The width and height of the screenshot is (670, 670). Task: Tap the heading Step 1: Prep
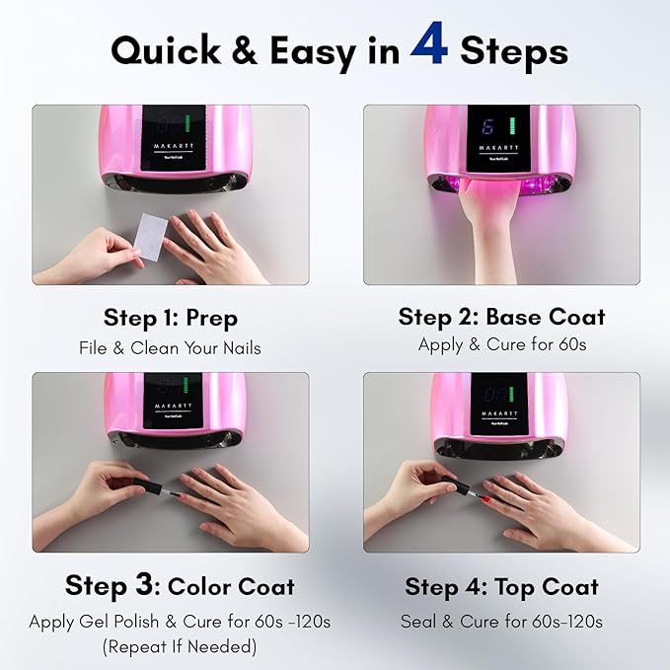point(171,319)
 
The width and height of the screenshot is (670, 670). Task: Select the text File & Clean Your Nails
point(171,347)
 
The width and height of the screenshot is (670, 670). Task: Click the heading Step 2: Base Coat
point(501,317)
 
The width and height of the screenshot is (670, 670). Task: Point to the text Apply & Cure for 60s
point(501,344)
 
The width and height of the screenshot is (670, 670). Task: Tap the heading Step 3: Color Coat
point(180,585)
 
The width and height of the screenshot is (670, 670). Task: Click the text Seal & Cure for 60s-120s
point(501,622)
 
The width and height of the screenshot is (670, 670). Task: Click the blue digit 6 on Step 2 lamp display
point(485,127)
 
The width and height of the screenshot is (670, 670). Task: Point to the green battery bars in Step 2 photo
point(511,128)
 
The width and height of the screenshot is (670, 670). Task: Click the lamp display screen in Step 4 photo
point(501,395)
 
